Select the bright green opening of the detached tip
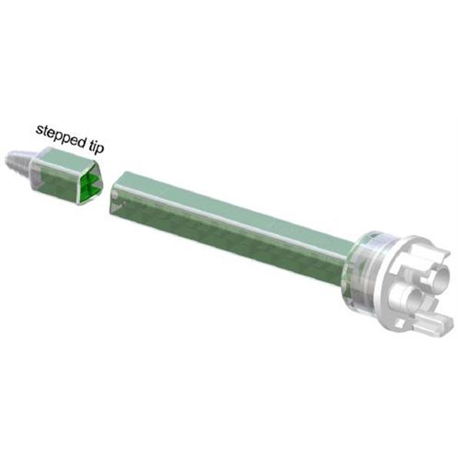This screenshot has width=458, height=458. pyautogui.click(x=91, y=184)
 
